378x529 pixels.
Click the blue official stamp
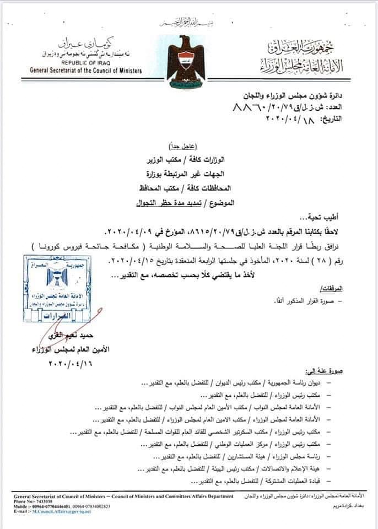(62, 291)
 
